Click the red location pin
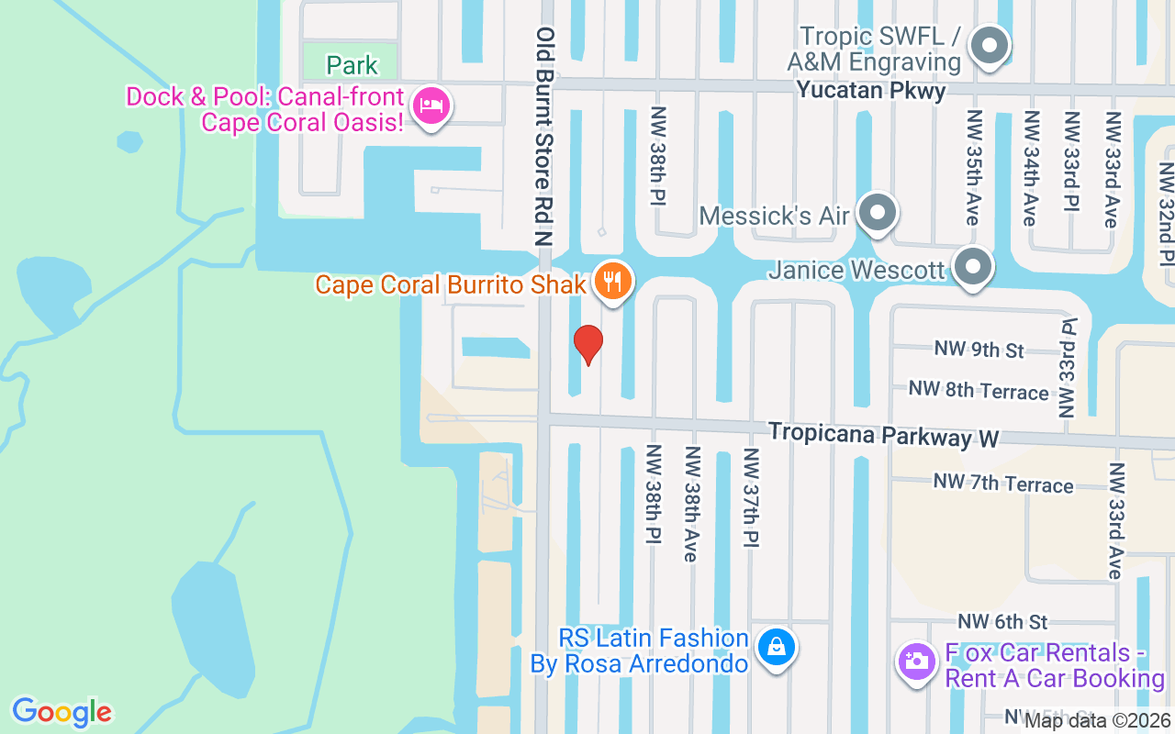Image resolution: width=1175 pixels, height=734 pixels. point(588,344)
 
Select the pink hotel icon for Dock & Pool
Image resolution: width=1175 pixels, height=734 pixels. point(431,106)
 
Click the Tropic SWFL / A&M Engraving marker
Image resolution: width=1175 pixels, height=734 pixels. point(990,46)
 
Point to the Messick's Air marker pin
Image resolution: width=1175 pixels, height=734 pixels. point(878,213)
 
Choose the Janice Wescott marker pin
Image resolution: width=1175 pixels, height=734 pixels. point(973,268)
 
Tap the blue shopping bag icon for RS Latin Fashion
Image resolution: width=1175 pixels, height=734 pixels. point(777,647)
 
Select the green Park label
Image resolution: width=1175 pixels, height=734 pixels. point(352,65)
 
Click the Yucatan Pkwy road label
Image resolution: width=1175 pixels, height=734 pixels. point(870,90)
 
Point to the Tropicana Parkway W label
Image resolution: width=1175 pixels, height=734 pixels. point(883,435)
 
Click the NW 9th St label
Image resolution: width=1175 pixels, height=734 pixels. point(979,350)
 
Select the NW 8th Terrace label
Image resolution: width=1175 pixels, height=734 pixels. point(978,391)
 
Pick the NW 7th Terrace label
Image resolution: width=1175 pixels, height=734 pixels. point(1002,483)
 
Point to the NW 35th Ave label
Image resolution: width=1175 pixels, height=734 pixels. point(973,168)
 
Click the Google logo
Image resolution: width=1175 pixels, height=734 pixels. point(62,712)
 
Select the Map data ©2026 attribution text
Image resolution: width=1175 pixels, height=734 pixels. point(1096,721)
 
